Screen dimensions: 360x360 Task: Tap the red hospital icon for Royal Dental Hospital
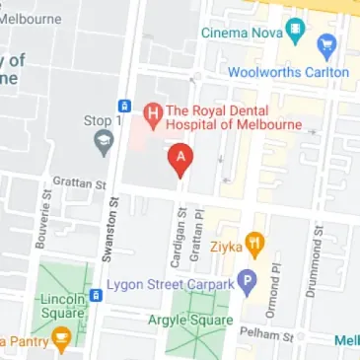point(152,115)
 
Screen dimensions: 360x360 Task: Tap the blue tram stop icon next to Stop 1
point(124,106)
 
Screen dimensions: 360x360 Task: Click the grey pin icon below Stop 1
point(101,144)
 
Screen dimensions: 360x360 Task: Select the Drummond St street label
point(319,251)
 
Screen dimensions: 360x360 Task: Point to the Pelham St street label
point(275,336)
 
